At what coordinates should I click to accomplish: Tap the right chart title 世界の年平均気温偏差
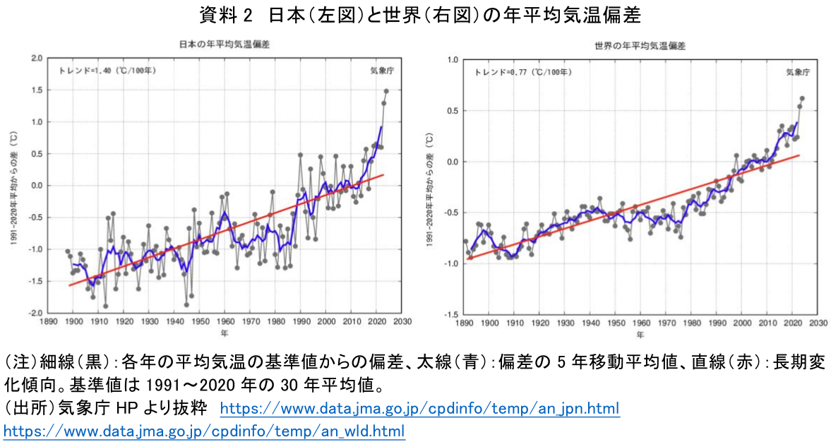[640, 45]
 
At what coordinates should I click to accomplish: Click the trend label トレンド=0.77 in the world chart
[523, 72]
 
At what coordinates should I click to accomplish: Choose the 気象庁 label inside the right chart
[798, 72]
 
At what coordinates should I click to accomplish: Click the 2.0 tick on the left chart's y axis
[37, 58]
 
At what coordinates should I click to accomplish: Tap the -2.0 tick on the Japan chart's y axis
[36, 313]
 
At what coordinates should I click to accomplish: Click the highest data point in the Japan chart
[386, 91]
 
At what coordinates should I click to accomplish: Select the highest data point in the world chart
[802, 98]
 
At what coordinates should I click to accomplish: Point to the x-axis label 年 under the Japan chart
[225, 333]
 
